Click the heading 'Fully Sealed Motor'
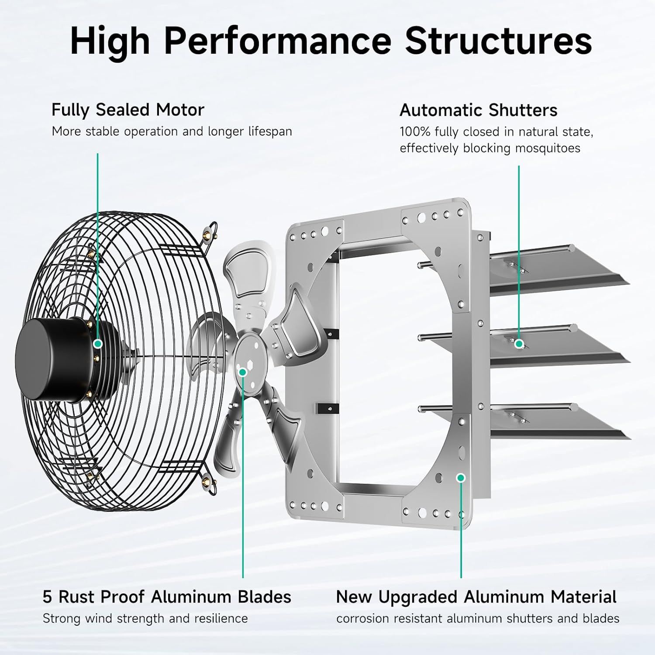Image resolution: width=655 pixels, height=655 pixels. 128,110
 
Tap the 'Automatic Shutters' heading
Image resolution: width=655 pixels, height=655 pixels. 478,110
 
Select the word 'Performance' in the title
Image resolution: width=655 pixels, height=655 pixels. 278,41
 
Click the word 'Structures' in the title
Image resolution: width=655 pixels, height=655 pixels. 498,41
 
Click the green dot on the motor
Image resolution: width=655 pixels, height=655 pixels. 98,344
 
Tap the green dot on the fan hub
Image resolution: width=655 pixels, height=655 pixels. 243,372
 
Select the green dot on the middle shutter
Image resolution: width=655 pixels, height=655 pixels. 519,344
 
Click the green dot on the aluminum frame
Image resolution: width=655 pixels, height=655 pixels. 461,478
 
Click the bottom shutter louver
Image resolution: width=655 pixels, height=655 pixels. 559,421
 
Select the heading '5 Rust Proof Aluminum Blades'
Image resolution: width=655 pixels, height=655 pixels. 167,596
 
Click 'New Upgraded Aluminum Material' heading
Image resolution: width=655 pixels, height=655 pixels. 476,596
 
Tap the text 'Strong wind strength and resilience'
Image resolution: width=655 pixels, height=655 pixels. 145,618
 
